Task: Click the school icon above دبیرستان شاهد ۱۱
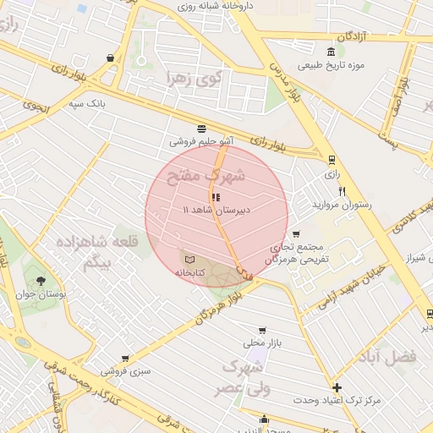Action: tap(216, 195)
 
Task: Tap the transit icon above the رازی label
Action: tap(331, 158)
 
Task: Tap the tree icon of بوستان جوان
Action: tap(41, 280)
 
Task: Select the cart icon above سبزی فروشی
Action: tap(125, 359)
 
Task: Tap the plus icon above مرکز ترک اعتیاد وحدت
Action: tap(337, 386)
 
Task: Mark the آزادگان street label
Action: tap(355, 37)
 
